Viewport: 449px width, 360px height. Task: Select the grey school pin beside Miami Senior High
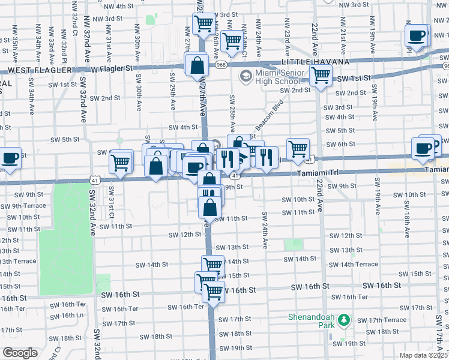pyautogui.click(x=246, y=77)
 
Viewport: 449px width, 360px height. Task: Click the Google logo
pyautogui.click(x=19, y=353)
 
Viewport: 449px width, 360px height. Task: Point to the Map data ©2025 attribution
pyautogui.click(x=423, y=355)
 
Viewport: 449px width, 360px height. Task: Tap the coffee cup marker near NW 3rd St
pyautogui.click(x=417, y=35)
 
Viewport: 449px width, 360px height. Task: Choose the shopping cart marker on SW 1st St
pyautogui.click(x=321, y=76)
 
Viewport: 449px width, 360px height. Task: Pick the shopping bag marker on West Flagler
pyautogui.click(x=197, y=65)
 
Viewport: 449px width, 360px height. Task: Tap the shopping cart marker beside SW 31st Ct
pyautogui.click(x=121, y=161)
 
